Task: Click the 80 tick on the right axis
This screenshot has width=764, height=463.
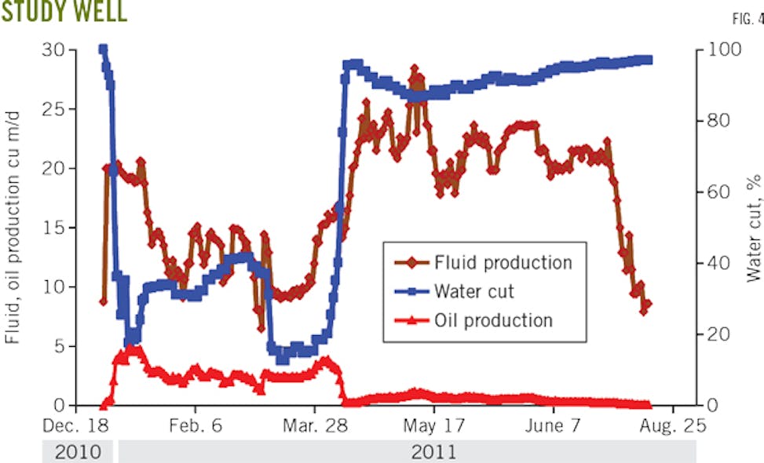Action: coord(717,121)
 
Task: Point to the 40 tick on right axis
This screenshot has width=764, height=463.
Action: coord(717,263)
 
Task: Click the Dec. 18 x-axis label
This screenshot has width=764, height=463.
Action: coord(75,426)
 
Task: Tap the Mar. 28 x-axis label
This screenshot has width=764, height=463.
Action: coord(314,426)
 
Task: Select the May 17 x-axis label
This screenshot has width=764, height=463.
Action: coord(433,426)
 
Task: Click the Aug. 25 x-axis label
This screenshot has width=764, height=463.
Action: coord(671,426)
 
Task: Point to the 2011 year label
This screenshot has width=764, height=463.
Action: coord(433,452)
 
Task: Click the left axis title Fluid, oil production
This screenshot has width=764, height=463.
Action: coord(13,228)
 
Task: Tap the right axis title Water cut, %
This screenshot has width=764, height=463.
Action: coord(754,228)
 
